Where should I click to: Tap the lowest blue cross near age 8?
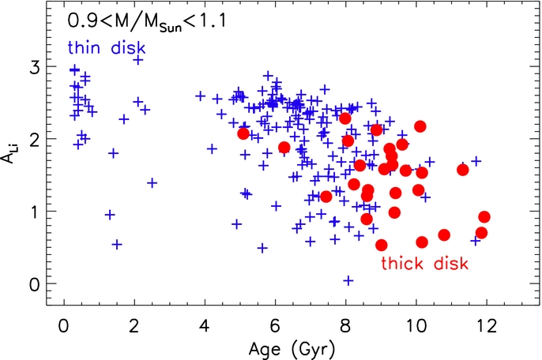(348, 280)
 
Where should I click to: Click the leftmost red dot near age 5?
(243, 133)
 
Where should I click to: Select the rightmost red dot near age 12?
(484, 217)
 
